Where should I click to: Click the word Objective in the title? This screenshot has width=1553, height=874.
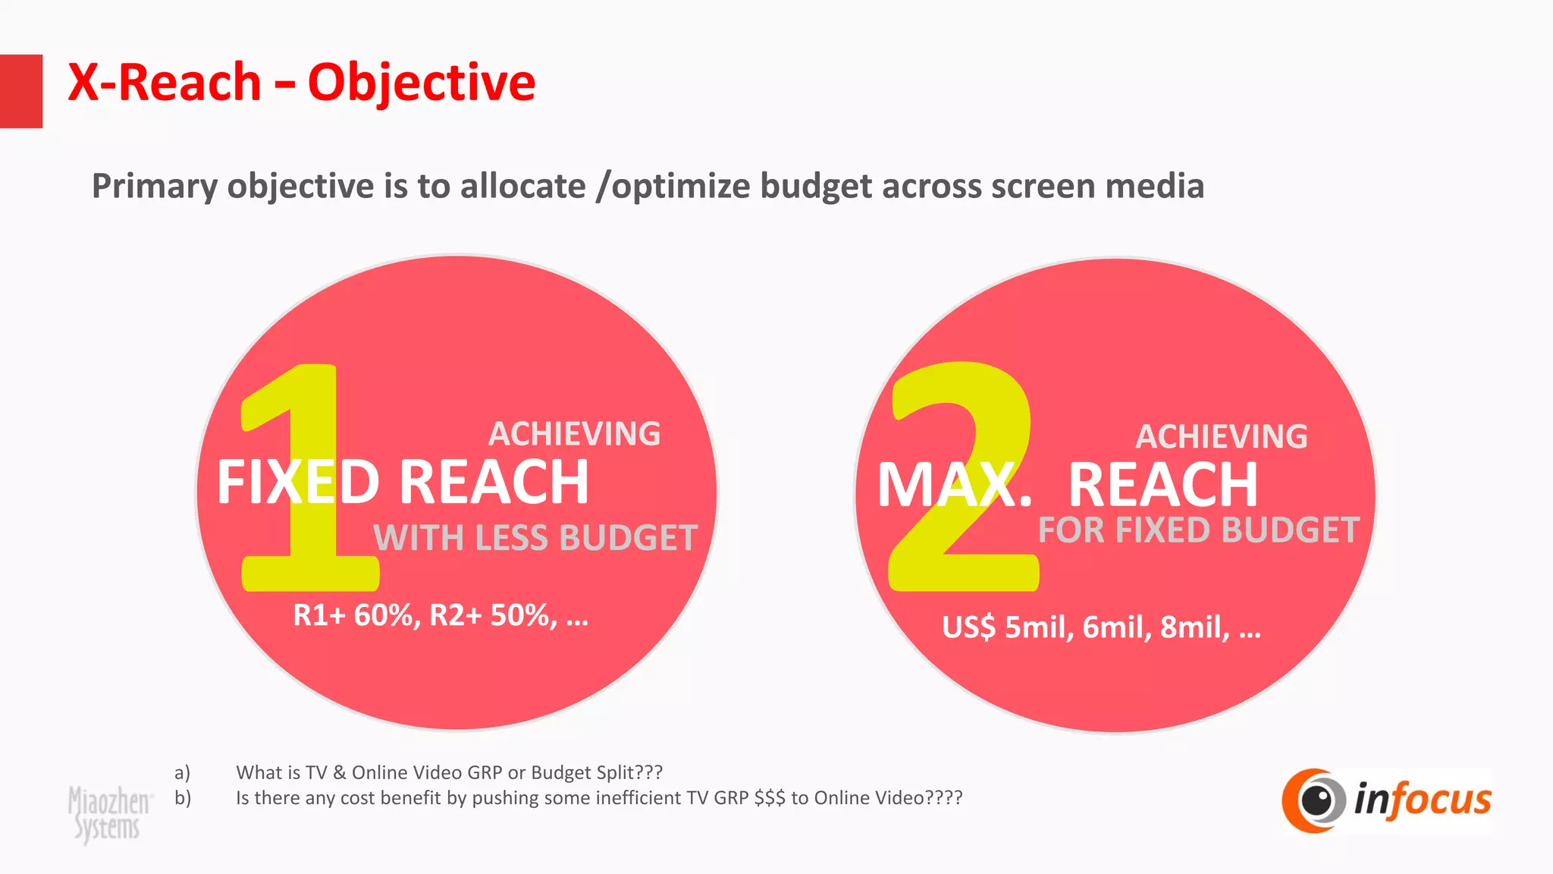tap(421, 83)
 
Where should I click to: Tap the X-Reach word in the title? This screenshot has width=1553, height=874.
tap(165, 83)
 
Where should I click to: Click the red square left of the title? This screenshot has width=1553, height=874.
tap(20, 91)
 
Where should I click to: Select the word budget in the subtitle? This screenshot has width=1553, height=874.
tap(815, 187)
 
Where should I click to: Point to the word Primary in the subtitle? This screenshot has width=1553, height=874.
tap(154, 187)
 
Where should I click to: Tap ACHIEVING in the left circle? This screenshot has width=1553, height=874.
tap(574, 434)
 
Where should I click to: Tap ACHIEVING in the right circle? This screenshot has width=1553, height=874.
tap(1221, 437)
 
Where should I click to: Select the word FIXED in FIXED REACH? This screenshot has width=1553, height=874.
tap(298, 483)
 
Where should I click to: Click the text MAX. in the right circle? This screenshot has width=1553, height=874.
tap(954, 486)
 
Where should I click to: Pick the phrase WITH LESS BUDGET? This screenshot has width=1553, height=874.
tap(535, 538)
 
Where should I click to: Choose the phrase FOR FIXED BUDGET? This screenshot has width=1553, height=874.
tap(1198, 530)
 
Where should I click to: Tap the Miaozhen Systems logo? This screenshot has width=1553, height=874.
tap(108, 813)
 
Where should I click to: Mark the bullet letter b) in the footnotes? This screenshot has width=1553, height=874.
tap(182, 798)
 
